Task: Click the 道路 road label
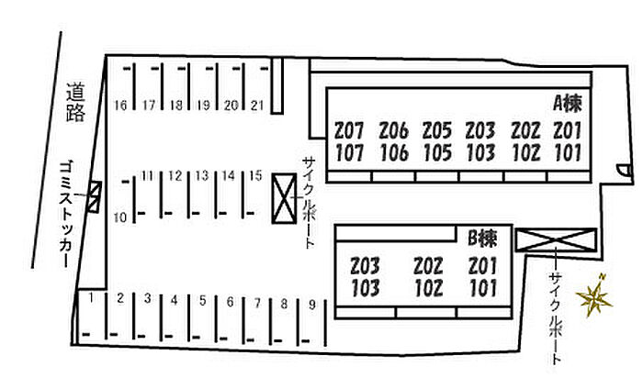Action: (x=76, y=103)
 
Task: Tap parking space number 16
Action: (x=120, y=106)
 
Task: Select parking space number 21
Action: (x=257, y=106)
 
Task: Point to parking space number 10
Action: (x=120, y=217)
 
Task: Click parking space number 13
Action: (x=202, y=175)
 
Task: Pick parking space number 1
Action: (x=91, y=298)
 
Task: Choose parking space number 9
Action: (x=312, y=305)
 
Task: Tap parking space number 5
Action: (x=203, y=301)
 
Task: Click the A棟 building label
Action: (x=568, y=103)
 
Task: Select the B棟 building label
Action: (x=482, y=239)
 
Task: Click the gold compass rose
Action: (x=593, y=296)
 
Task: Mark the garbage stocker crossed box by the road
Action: (x=94, y=197)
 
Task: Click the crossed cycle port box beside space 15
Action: (x=284, y=198)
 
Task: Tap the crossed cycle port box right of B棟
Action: (x=556, y=239)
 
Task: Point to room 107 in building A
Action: (x=349, y=152)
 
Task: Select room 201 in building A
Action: (x=568, y=130)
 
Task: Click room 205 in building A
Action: (x=437, y=130)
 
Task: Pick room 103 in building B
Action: (x=366, y=288)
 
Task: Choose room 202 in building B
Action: (x=429, y=266)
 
